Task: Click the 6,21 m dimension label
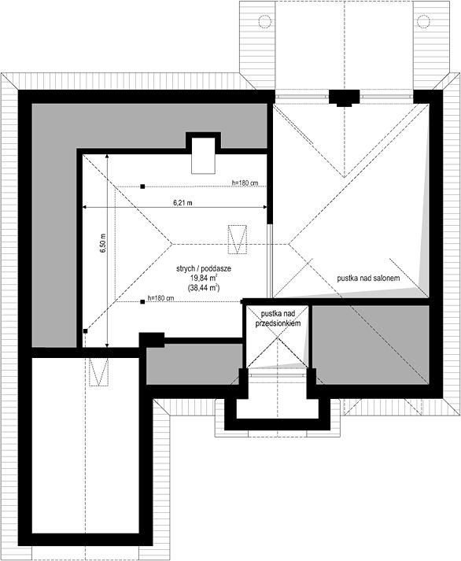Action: tap(183, 202)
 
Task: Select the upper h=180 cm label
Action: tap(246, 183)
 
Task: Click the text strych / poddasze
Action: tap(204, 269)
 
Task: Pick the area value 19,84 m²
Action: tap(204, 279)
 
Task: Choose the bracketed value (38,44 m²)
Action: tap(204, 289)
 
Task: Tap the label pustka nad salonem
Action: tap(369, 279)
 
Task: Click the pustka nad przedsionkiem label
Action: tap(275, 318)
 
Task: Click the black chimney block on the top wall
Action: tap(344, 98)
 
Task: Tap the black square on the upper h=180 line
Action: tap(142, 187)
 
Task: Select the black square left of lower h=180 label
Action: tap(142, 301)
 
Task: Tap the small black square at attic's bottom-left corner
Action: tap(84, 332)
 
